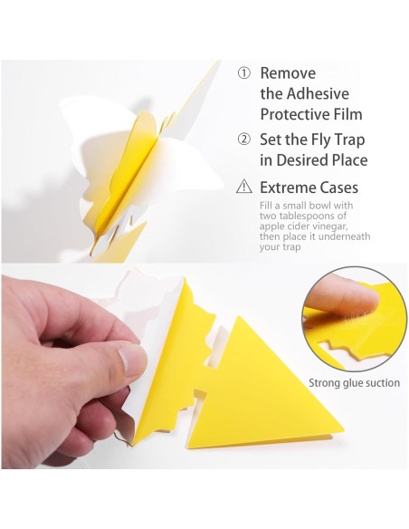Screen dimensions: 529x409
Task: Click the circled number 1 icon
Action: [243, 73]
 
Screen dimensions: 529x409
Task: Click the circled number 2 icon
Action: [243, 139]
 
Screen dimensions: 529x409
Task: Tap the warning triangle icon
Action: [243, 188]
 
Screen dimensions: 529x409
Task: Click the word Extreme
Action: [292, 188]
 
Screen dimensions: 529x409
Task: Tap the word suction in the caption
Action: [383, 383]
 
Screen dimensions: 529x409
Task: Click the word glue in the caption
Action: [356, 383]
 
